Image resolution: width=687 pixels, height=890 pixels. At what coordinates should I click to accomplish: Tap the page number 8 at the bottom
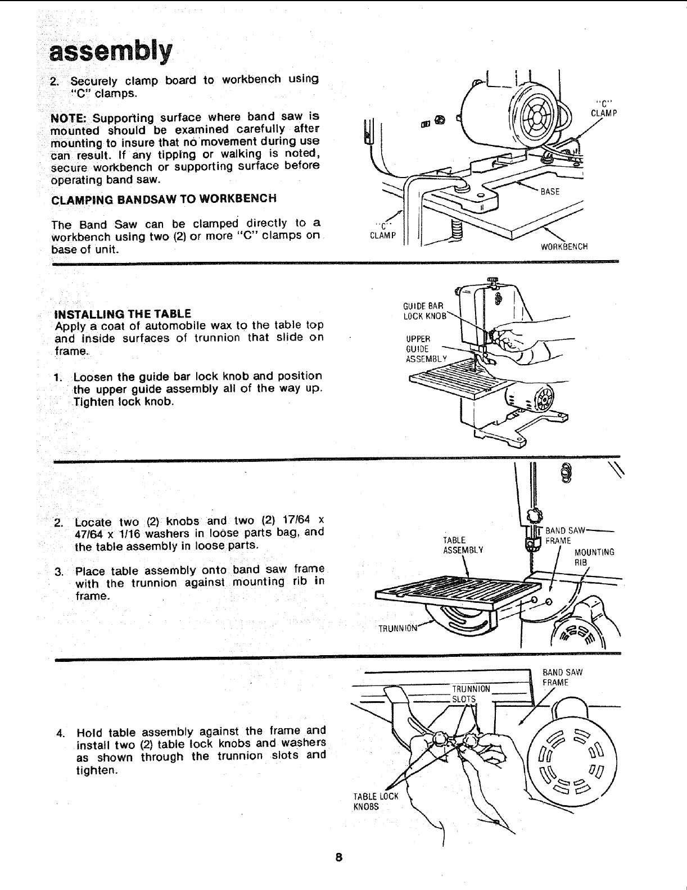coord(338,858)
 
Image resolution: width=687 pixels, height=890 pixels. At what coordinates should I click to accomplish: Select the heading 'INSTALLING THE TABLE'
coord(123,314)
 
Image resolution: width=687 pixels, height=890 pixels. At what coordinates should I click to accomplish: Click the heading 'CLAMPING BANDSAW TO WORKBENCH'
coord(164,199)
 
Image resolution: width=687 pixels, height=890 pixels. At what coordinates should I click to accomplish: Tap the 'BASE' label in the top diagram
coord(549,192)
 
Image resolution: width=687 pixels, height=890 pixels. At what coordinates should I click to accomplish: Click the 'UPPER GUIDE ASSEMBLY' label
coord(425,348)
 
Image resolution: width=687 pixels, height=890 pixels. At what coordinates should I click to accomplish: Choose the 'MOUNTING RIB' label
coord(594,557)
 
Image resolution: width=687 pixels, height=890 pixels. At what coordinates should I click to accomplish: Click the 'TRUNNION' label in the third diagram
coord(397,628)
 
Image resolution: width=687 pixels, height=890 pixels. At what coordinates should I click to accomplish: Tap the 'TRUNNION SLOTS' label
coord(470,694)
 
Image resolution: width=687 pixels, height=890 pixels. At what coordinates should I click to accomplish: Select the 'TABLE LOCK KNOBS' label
coord(375,801)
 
